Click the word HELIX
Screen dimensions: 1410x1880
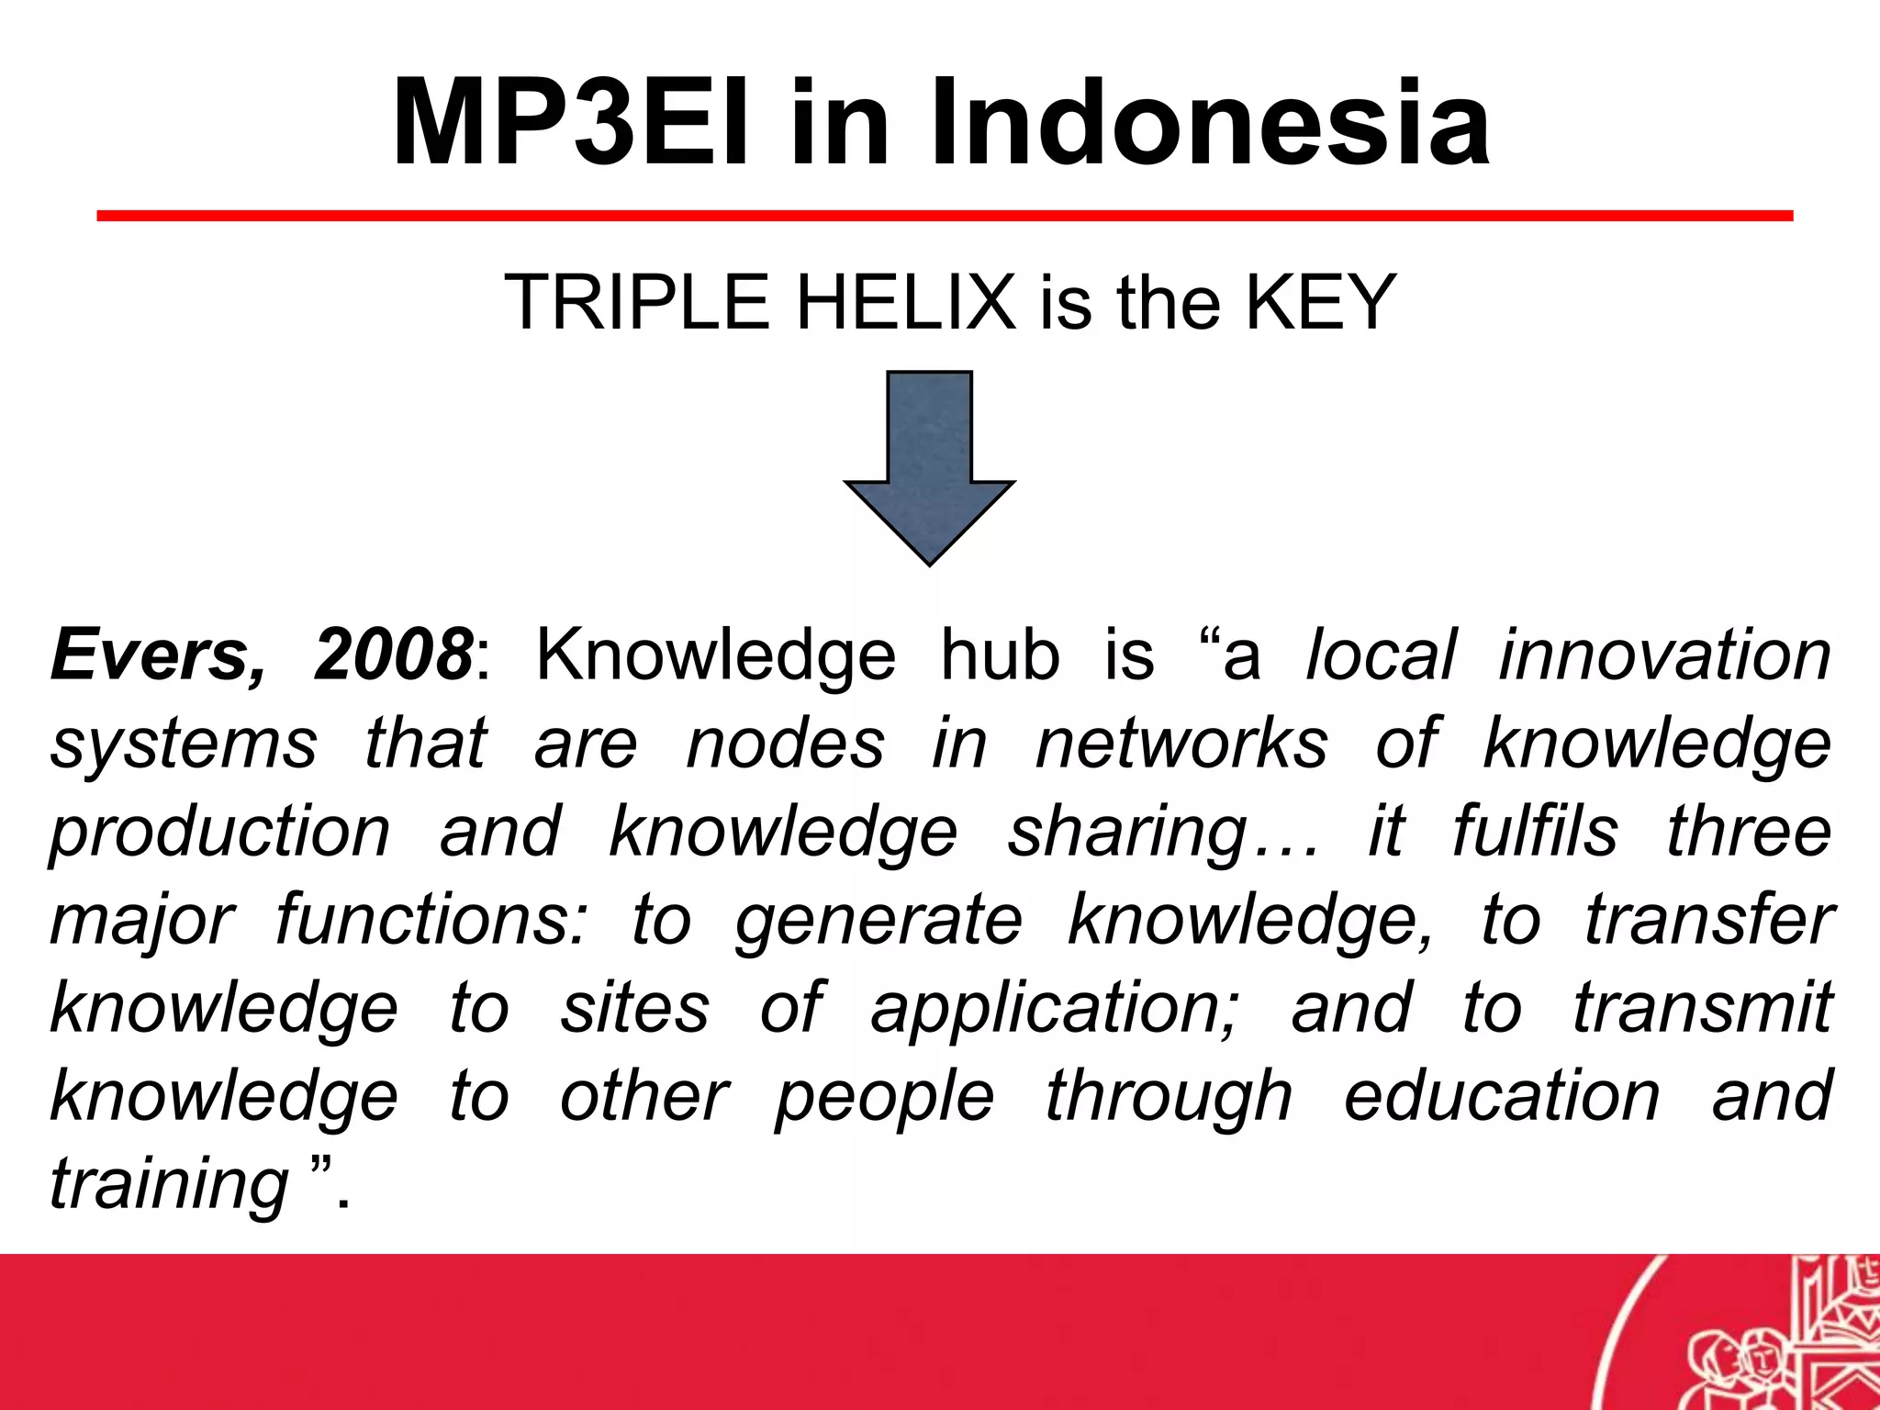pyautogui.click(x=905, y=302)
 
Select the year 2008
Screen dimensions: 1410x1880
pyautogui.click(x=393, y=655)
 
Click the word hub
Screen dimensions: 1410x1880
pyautogui.click(x=1000, y=655)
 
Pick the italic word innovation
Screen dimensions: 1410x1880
pyautogui.click(x=1664, y=655)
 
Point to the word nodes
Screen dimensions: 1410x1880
pyautogui.click(x=785, y=744)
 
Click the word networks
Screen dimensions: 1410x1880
pyautogui.click(x=1181, y=744)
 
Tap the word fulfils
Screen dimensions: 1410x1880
pyautogui.click(x=1535, y=832)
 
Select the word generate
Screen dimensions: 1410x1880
pyautogui.click(x=878, y=921)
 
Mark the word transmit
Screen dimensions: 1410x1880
pyautogui.click(x=1703, y=1008)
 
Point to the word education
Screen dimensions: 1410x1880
pyautogui.click(x=1502, y=1096)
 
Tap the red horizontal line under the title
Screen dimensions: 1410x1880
pyautogui.click(x=945, y=216)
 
